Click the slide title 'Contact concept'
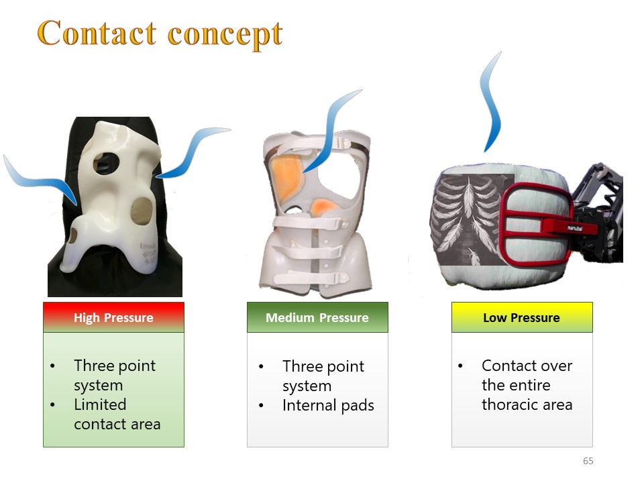160,34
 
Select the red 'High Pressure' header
114,317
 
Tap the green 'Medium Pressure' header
317,317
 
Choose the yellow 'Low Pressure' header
522,317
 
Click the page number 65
588,461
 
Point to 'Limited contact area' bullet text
117,414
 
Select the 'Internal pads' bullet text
328,405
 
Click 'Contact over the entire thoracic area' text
527,385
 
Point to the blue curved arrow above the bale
492,101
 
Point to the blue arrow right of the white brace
193,152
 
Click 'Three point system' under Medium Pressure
323,376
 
